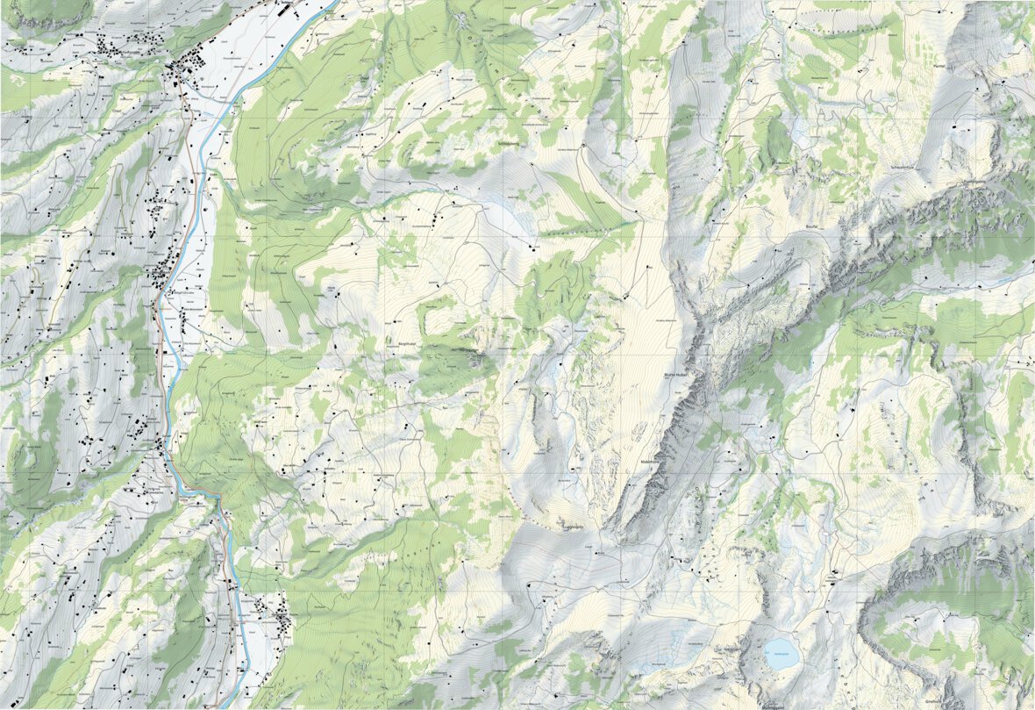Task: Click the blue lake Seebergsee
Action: click(779, 649)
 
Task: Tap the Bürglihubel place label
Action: click(413, 333)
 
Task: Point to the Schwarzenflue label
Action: click(903, 167)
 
